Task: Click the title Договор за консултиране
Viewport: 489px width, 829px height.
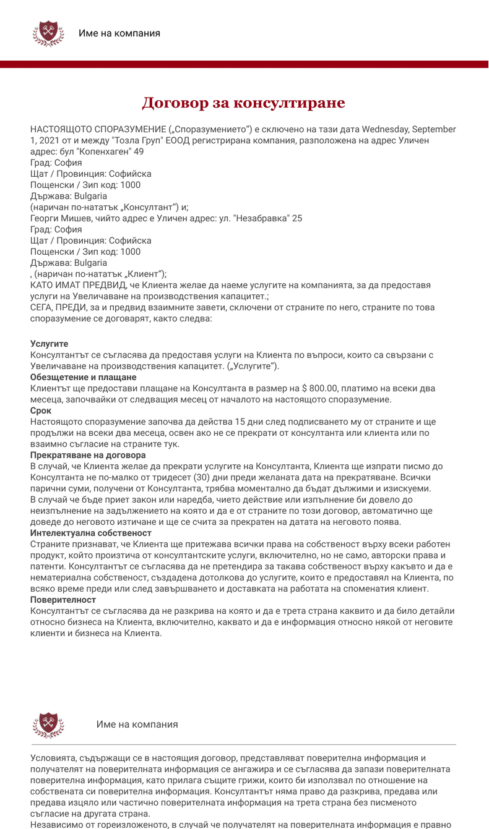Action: click(x=243, y=103)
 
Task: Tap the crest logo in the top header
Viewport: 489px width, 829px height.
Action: click(x=48, y=33)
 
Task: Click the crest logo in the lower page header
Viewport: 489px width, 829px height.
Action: click(x=48, y=725)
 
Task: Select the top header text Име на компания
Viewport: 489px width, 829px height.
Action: click(x=119, y=33)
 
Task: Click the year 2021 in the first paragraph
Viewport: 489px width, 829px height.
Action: click(x=50, y=140)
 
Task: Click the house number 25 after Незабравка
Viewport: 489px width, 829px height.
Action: click(x=296, y=218)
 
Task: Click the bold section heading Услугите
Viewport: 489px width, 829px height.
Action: click(x=49, y=344)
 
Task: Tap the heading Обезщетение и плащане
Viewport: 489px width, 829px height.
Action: click(x=83, y=377)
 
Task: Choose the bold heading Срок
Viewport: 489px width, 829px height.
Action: click(x=41, y=410)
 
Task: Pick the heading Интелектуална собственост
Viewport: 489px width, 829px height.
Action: click(x=91, y=533)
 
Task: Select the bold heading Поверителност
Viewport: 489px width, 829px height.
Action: click(x=63, y=600)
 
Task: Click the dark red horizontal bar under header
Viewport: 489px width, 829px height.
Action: click(x=244, y=64)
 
